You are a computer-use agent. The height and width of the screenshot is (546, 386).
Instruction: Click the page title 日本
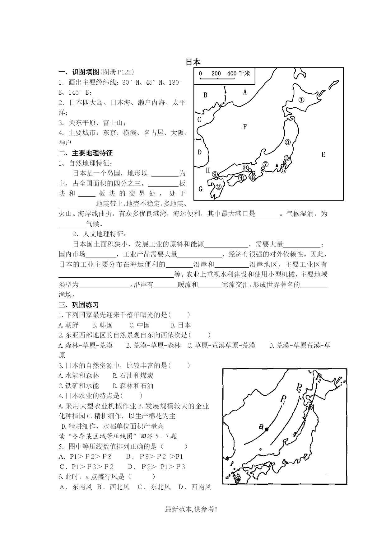tap(193, 62)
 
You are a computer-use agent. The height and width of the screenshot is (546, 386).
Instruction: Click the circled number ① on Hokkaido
tap(301, 100)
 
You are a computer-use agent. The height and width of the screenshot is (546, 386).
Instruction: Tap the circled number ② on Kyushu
tap(219, 187)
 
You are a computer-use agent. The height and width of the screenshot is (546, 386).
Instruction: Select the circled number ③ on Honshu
tap(288, 142)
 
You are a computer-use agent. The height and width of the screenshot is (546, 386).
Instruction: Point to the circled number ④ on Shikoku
tap(241, 178)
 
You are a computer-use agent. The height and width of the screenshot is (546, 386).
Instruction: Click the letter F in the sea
tap(245, 127)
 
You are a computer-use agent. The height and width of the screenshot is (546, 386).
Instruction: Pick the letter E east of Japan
tap(323, 154)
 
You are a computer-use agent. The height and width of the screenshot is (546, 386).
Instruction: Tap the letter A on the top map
tap(245, 92)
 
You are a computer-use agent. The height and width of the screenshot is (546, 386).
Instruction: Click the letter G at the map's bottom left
tap(200, 189)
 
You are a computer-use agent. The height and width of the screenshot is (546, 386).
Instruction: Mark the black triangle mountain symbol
tap(277, 165)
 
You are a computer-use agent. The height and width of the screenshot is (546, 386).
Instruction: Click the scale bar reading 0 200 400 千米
tap(224, 74)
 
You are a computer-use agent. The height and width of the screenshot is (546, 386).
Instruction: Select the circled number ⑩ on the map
tap(286, 158)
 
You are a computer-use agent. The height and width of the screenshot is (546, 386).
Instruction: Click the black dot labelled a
tap(267, 429)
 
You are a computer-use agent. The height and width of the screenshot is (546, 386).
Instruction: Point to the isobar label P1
tap(283, 399)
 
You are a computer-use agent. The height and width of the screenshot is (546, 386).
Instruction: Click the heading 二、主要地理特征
tap(86, 153)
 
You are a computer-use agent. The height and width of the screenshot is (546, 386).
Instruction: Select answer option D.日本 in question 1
tap(180, 325)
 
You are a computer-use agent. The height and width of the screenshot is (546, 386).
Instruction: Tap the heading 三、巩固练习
tap(79, 305)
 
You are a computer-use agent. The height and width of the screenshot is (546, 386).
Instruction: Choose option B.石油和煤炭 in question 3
tap(133, 375)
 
